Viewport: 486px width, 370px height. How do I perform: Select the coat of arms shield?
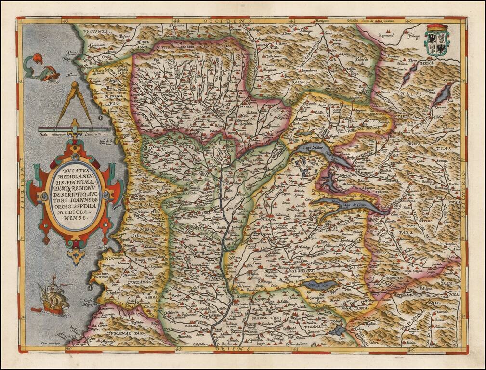click(x=436, y=41)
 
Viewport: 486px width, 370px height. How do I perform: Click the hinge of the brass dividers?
click(x=74, y=87)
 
